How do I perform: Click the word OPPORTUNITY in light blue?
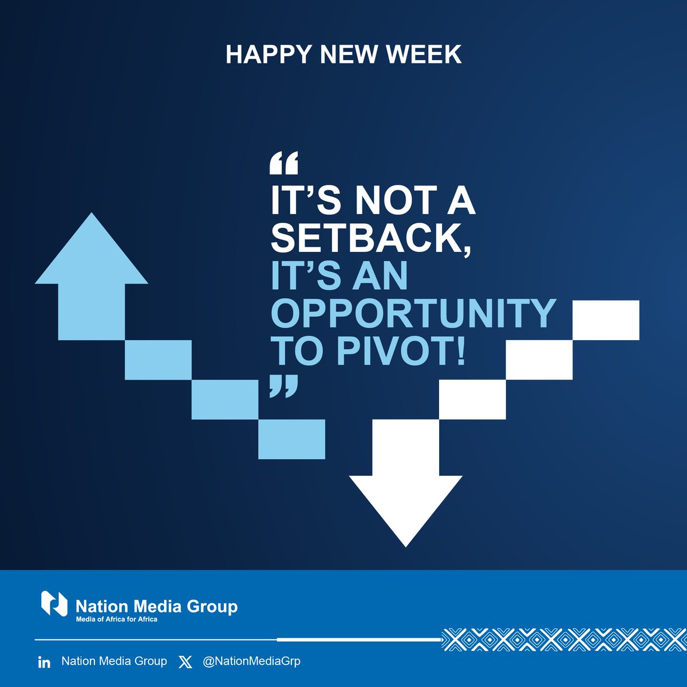pos(413,313)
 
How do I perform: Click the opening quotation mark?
pos(283,164)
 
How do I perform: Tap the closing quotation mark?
pos(283,386)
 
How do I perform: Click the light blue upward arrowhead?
pos(92,252)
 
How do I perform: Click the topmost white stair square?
pos(606,319)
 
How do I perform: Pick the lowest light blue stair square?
pos(291,439)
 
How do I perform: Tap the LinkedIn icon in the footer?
pos(44,662)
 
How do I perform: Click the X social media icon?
pos(185,662)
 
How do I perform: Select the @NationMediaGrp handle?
pos(251,661)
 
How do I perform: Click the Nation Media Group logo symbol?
pos(54,604)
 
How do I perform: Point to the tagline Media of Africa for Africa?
pos(117,619)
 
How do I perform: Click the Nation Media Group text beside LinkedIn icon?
pos(114,661)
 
